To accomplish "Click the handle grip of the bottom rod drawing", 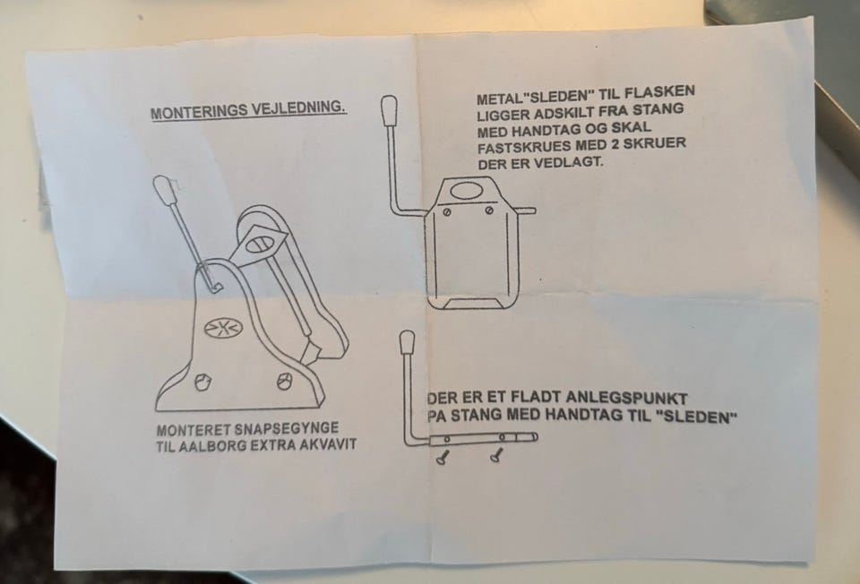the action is click(x=408, y=342).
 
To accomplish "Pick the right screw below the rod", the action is click(x=497, y=455).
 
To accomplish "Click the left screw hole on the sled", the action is click(x=447, y=212).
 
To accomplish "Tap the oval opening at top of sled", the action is click(x=466, y=190).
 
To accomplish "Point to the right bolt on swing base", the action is click(x=284, y=381).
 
